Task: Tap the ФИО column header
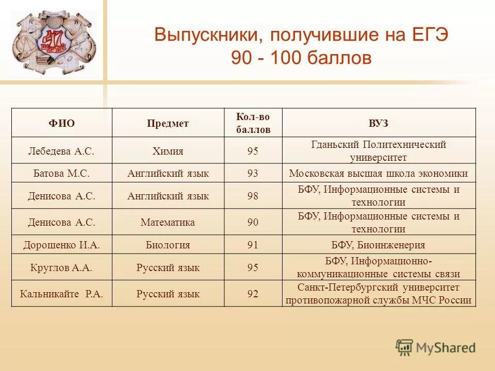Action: pos(62,123)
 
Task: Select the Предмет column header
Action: pos(168,123)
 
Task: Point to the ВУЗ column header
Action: pos(378,123)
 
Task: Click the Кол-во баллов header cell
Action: pos(253,123)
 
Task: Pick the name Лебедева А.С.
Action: pos(62,151)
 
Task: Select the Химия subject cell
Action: pos(168,151)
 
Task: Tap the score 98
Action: pos(253,196)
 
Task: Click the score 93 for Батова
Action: pos(253,173)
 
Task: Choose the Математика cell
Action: pos(168,223)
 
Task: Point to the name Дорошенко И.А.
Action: pos(62,245)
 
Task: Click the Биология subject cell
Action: pos(168,245)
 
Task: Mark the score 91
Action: pos(253,245)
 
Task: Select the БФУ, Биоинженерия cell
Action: pos(378,245)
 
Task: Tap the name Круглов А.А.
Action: pos(62,267)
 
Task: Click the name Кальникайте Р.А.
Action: pos(62,294)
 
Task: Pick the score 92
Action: pos(253,294)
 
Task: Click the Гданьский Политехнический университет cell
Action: pos(378,151)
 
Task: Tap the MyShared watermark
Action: pos(436,347)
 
